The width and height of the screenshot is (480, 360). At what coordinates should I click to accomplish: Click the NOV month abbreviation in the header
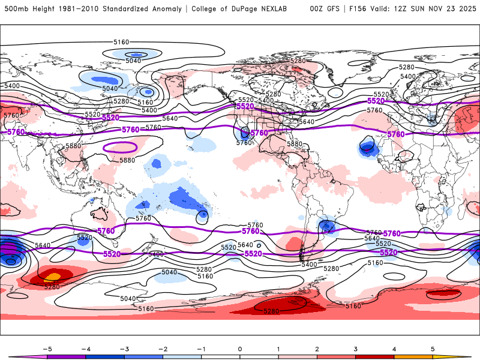[434, 9]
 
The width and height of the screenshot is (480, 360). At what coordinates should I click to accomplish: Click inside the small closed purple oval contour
[120, 146]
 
